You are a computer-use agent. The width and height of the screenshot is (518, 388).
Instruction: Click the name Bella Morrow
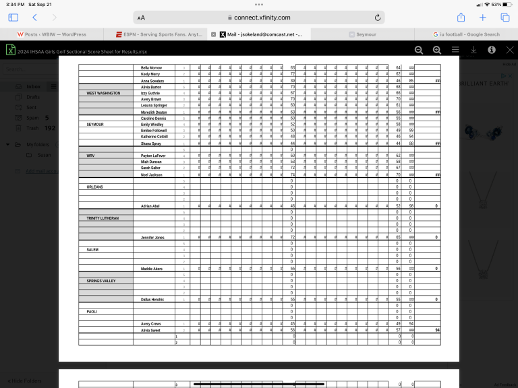[151, 67]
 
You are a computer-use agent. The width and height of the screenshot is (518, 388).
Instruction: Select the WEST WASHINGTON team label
[103, 93]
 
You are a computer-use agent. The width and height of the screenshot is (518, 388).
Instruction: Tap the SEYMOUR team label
[95, 125]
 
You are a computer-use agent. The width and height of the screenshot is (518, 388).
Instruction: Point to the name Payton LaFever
[153, 156]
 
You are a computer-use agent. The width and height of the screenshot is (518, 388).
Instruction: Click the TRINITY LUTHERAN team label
[102, 218]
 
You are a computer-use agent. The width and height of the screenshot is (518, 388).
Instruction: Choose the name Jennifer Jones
[152, 237]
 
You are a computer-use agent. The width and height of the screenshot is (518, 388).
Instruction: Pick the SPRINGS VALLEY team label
[100, 280]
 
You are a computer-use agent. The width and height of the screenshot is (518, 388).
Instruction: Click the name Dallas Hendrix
[152, 299]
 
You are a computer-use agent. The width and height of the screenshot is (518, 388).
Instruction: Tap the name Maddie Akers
[152, 268]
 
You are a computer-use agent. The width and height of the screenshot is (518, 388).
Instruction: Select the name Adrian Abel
[150, 205]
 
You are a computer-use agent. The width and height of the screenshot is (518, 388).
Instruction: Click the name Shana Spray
[150, 143]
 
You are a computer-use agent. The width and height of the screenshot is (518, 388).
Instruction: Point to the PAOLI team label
[92, 312]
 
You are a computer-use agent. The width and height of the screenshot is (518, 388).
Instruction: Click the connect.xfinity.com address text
[262, 18]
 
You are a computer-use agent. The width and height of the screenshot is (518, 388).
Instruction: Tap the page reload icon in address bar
[378, 18]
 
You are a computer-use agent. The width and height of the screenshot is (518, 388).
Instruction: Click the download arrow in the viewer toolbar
[473, 50]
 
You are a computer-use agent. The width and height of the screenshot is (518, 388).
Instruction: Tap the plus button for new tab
[483, 18]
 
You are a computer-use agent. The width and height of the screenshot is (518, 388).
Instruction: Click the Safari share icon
[461, 18]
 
